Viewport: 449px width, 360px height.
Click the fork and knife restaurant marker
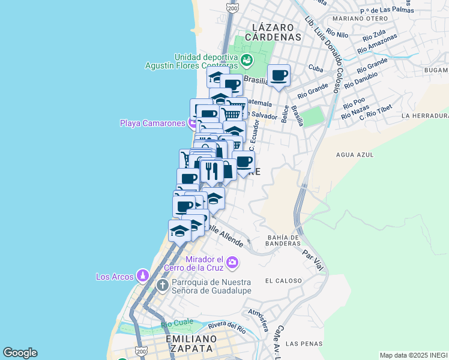(x=211, y=171)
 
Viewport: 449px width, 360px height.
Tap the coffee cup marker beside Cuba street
(x=279, y=76)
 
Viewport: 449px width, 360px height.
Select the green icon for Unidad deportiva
(x=246, y=60)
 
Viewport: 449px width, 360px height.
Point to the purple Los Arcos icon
(x=142, y=276)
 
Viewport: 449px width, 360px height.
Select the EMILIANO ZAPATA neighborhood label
(x=189, y=343)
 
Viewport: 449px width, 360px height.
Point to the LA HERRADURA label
(x=425, y=115)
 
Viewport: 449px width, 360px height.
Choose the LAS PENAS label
(x=300, y=344)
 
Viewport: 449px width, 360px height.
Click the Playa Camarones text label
(x=152, y=124)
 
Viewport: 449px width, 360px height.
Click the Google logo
(x=20, y=353)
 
